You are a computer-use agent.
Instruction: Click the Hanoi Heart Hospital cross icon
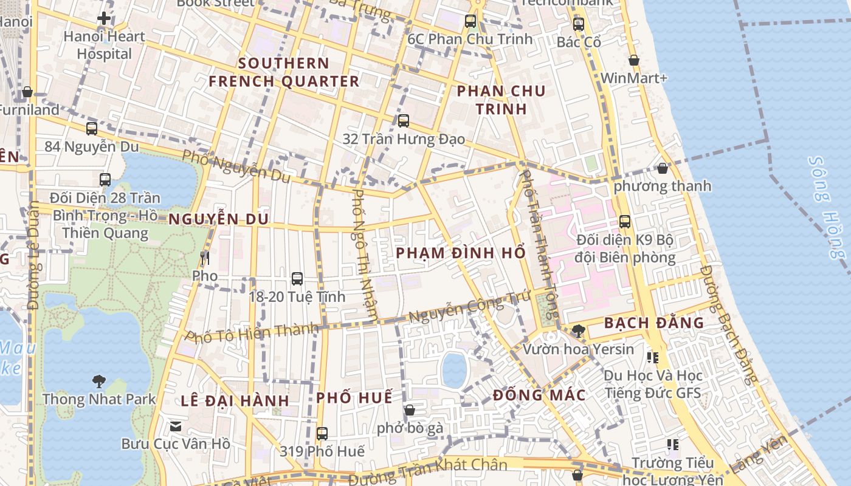pos(104,18)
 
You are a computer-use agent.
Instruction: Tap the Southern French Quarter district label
pos(284,72)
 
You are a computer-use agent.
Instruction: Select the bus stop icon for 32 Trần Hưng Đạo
pos(404,120)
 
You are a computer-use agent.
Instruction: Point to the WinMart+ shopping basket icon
pos(633,60)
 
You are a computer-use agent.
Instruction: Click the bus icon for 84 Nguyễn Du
pos(92,128)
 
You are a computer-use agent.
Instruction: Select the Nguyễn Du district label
pos(218,219)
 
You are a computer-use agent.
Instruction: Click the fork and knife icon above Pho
pos(205,258)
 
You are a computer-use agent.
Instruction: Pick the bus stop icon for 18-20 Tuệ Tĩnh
pos(297,278)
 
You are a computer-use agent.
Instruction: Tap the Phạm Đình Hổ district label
pos(461,253)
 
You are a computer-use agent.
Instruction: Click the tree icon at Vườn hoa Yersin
pos(579,330)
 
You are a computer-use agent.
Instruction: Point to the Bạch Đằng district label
pos(654,323)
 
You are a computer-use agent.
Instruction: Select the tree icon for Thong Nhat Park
pos(98,382)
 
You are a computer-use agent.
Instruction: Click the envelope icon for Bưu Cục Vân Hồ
pos(176,426)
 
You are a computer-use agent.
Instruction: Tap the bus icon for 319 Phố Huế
pos(322,433)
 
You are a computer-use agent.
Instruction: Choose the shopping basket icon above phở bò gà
pos(410,410)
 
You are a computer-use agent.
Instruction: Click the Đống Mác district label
pos(539,395)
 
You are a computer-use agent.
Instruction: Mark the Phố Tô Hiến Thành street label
pos(252,332)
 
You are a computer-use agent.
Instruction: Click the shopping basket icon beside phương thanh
pos(662,168)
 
